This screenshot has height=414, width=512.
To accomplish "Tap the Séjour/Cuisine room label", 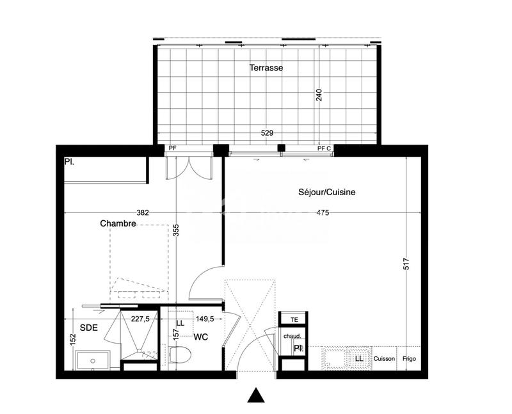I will coord(326,192).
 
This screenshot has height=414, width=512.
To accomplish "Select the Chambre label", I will coord(118,223).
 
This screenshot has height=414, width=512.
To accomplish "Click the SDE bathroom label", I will coord(89,327).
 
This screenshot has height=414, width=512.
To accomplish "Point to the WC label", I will coord(200,337).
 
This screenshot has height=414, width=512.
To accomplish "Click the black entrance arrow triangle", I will coord(257,396).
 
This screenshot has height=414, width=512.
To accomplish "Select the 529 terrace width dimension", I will coord(267,133).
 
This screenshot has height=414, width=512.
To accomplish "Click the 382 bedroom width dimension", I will coord(142,213).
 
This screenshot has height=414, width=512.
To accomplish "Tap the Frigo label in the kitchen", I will coord(409,359).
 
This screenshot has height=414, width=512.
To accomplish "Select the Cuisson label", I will coord(385,359).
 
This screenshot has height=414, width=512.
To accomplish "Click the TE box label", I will coord(294,319).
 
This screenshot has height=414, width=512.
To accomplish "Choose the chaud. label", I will coord(293,335).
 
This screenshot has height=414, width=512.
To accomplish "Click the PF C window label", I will coord(324,148).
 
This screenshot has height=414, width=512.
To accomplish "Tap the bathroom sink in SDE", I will coord(94,360).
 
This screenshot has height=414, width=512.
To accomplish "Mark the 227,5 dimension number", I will coord(140,318).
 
